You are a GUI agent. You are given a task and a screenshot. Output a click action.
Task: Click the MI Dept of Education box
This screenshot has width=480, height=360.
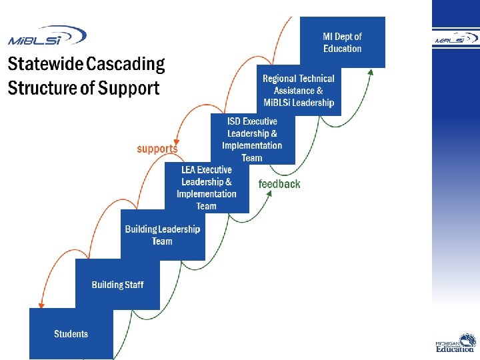pos(343,43)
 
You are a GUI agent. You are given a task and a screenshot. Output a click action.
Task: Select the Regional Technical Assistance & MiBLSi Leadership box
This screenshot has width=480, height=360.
pos(299,90)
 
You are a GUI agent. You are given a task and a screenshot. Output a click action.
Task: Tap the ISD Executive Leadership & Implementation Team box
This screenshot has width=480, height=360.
pos(252,139)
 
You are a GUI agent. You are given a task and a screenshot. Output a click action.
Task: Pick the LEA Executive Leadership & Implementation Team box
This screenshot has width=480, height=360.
pos(207,187)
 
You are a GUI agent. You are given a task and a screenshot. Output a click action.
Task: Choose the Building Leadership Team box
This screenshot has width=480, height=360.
pos(163,235)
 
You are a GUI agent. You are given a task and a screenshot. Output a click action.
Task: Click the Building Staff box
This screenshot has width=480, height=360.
pos(117,285)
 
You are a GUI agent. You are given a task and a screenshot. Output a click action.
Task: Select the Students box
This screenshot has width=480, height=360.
pos(71,333)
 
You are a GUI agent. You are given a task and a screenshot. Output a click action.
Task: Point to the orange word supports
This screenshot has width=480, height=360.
pos(157,149)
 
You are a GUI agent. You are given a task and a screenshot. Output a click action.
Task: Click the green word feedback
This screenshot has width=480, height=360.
pos(279,184)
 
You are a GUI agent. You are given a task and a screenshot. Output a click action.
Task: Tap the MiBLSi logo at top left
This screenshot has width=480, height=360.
pos(47,35)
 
